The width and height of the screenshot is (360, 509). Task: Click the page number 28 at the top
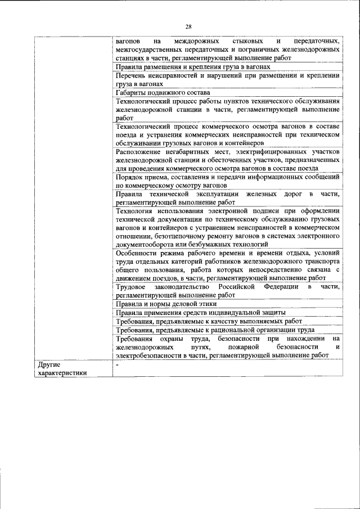(x=188, y=26)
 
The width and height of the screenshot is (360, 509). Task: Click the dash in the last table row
(x=117, y=364)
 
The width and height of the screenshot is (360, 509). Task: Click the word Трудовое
(x=133, y=287)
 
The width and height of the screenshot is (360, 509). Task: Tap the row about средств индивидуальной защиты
(x=200, y=312)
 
